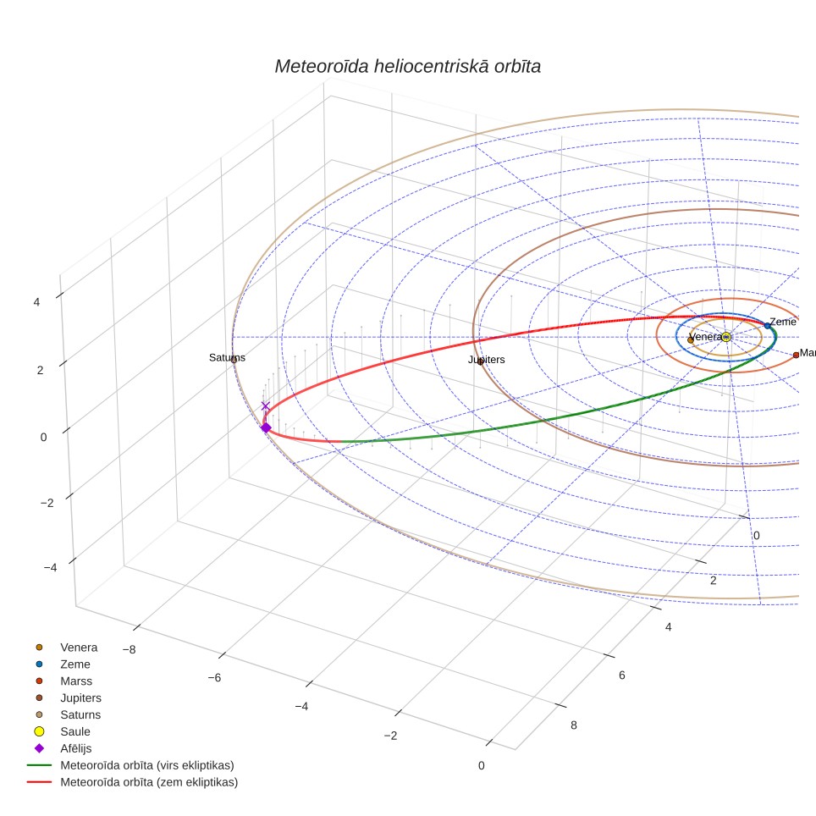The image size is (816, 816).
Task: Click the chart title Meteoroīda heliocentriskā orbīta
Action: tap(407, 67)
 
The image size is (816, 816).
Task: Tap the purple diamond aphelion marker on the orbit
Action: tap(266, 427)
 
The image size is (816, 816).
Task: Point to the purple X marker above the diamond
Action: tap(266, 406)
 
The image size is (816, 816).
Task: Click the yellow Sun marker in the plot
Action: tap(726, 337)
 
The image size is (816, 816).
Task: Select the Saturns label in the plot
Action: tap(227, 357)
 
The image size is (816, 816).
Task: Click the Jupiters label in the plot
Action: tap(486, 360)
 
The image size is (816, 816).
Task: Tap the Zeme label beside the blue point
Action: tap(783, 322)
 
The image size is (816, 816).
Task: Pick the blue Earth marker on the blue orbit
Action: tap(767, 326)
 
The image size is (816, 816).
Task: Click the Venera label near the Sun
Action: tap(706, 337)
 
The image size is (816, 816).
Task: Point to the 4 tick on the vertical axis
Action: tap(36, 302)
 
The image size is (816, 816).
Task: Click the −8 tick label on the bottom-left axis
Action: tap(129, 649)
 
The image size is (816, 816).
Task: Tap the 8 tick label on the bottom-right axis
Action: tap(574, 725)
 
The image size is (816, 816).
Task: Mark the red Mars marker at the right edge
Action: tap(796, 355)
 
